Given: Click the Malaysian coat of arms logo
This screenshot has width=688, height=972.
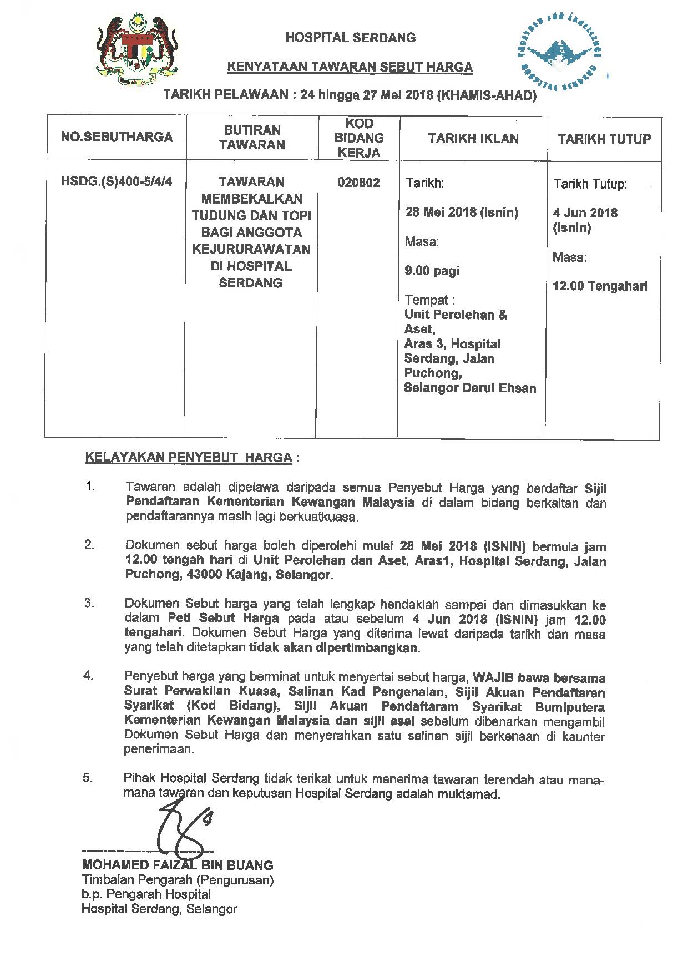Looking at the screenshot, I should click(137, 50).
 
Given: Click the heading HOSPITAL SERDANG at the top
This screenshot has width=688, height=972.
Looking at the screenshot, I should click(350, 38).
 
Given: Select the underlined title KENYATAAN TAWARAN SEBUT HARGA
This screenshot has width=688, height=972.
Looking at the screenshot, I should click(350, 68).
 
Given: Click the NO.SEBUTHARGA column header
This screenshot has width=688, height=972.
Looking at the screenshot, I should click(117, 137).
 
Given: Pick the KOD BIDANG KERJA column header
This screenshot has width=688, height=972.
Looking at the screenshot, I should click(359, 138).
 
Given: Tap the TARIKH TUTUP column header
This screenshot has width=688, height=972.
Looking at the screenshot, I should click(604, 139).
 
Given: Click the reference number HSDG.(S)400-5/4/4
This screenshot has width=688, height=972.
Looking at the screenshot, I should click(117, 182).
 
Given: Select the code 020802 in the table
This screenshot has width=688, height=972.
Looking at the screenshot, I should click(359, 183).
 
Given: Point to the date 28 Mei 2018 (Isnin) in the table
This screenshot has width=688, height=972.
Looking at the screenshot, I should click(462, 212).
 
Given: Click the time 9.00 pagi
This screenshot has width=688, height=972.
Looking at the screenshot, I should click(432, 271).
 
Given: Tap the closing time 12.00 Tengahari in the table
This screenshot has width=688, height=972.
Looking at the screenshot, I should click(600, 287).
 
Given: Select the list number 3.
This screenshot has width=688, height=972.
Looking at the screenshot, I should click(89, 604).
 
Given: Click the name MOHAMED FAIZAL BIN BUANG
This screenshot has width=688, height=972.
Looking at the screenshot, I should click(178, 865).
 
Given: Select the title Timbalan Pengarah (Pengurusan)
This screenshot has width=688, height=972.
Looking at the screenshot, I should click(178, 880).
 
